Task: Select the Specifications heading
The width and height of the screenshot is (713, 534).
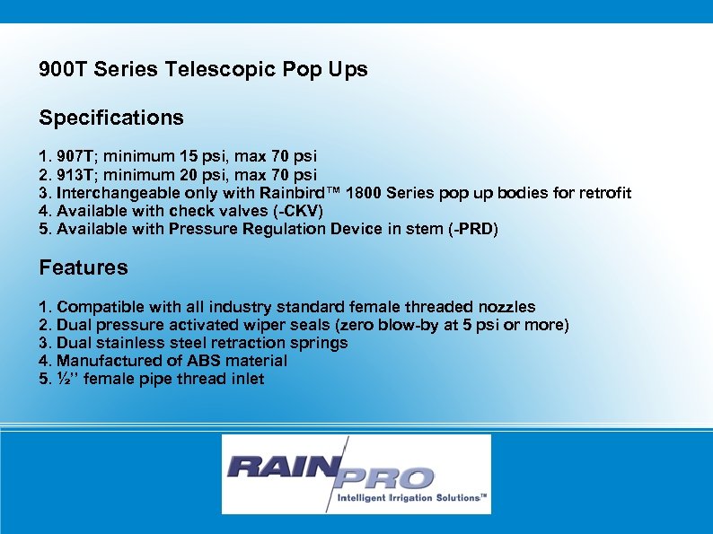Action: (x=111, y=118)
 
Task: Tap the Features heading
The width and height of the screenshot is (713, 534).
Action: (x=84, y=267)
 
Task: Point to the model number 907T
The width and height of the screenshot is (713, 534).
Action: (x=78, y=156)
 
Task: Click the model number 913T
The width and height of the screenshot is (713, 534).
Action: (x=78, y=174)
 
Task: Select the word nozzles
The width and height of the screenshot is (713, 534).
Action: (x=506, y=307)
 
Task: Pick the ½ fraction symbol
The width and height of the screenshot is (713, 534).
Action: (x=63, y=379)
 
